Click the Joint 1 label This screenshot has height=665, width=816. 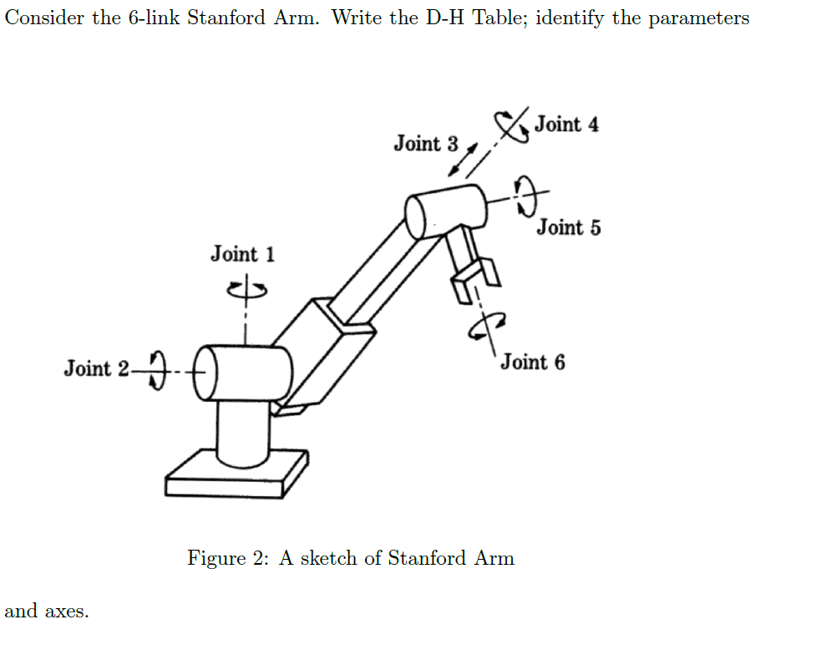242,253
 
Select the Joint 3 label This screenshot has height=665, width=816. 426,144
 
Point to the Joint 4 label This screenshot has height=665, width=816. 566,124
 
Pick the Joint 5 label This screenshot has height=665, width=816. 568,227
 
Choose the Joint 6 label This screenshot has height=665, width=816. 532,363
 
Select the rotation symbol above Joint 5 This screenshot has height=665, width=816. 525,195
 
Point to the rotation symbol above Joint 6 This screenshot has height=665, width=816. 488,327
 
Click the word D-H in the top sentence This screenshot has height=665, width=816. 442,18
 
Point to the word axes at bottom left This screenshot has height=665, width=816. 67,612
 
